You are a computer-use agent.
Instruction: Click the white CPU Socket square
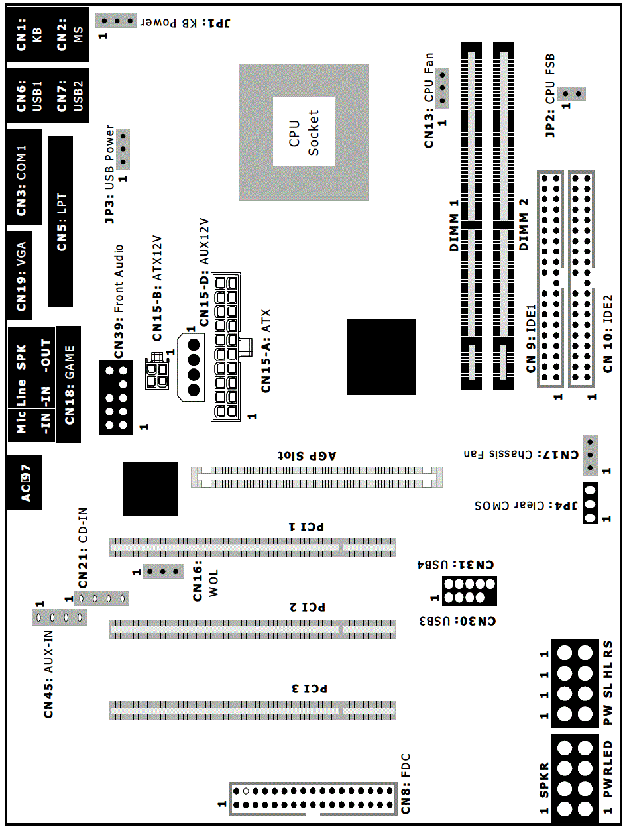(x=304, y=132)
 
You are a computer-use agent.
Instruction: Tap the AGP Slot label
(x=307, y=455)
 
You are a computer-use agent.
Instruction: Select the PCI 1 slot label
(x=306, y=526)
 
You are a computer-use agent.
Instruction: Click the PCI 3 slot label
(x=310, y=689)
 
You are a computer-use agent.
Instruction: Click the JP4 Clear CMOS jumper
(x=591, y=504)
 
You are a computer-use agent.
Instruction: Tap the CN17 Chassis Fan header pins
(x=591, y=455)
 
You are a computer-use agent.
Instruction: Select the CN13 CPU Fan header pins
(x=442, y=88)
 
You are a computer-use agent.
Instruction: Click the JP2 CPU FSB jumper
(x=571, y=93)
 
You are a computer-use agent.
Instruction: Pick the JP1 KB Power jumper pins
(x=116, y=21)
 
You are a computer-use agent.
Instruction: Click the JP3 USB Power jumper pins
(x=123, y=150)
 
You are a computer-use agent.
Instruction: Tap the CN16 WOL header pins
(x=164, y=571)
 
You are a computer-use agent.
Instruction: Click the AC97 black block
(x=25, y=483)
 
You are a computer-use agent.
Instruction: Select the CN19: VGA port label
(x=21, y=276)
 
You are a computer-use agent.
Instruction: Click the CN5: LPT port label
(x=61, y=222)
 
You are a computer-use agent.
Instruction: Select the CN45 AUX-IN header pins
(x=59, y=618)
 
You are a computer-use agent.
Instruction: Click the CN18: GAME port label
(x=69, y=385)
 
